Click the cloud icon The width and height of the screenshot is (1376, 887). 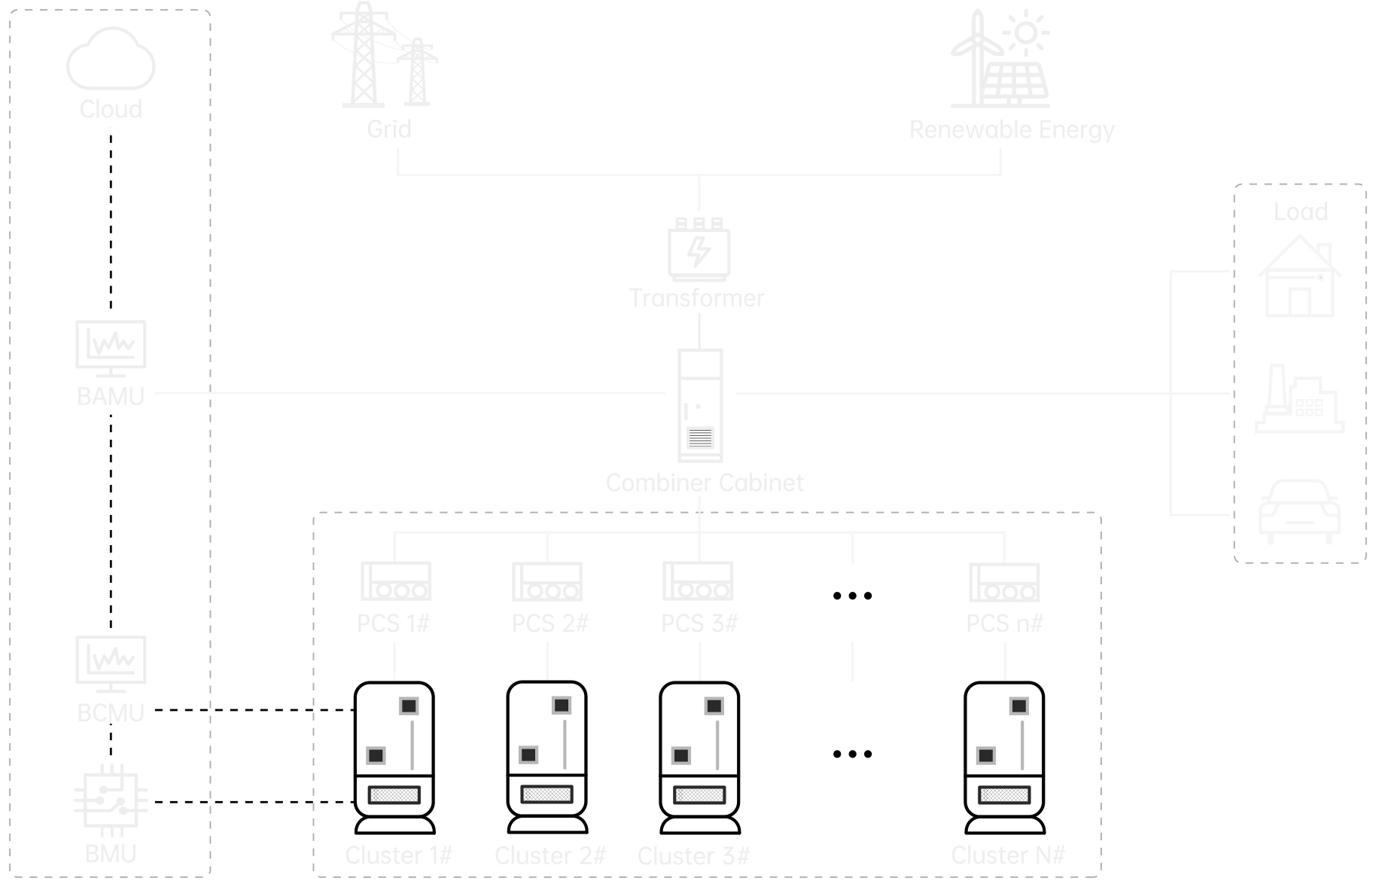[x=111, y=60]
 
